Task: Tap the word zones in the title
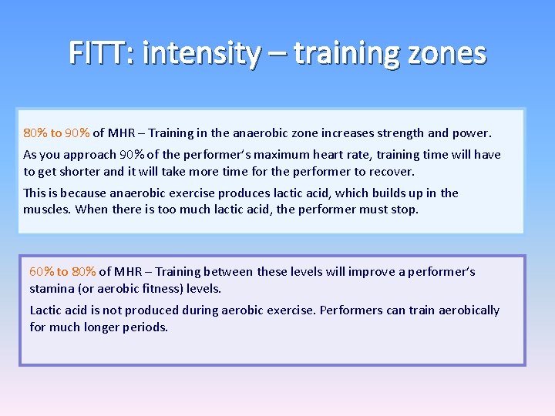(x=449, y=53)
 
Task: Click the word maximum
(x=288, y=154)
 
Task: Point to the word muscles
(x=46, y=210)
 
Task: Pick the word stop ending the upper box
(x=405, y=210)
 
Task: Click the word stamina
(x=52, y=288)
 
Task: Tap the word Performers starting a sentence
(x=351, y=310)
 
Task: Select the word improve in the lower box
(x=371, y=271)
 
